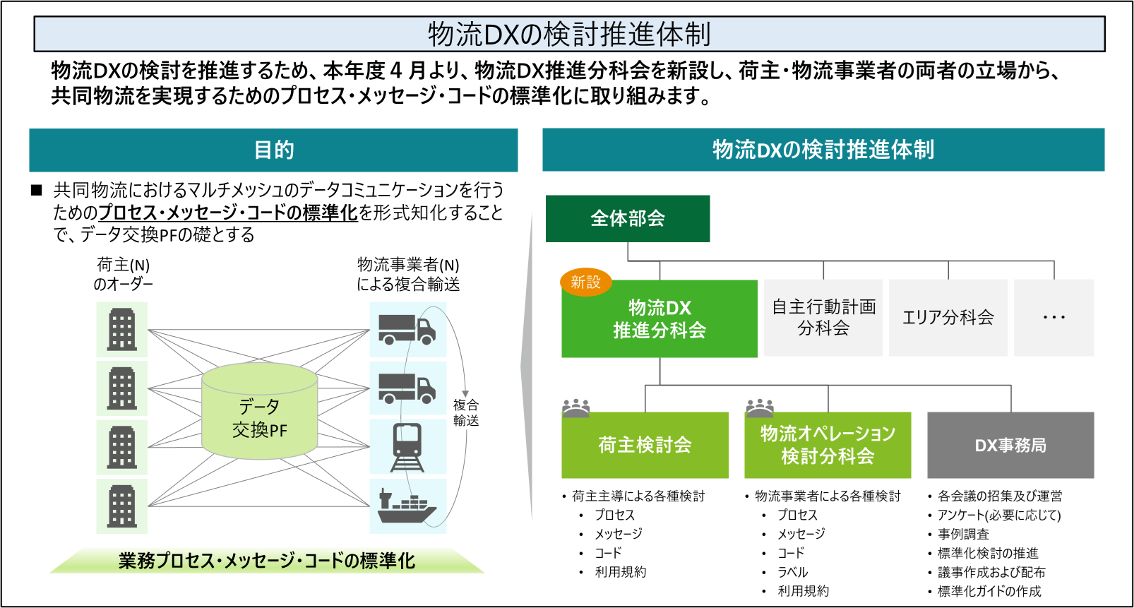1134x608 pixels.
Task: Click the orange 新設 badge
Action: [586, 282]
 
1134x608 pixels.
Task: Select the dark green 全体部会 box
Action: [628, 219]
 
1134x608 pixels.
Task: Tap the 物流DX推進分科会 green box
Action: [659, 319]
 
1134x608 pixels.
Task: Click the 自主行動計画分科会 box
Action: [823, 317]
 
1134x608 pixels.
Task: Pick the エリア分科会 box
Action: [948, 317]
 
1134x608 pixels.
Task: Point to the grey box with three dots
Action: [1054, 317]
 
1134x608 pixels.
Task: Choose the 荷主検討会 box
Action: [645, 445]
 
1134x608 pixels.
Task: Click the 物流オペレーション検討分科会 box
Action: [828, 445]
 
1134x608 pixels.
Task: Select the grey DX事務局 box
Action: [1010, 445]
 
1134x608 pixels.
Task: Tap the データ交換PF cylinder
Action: [260, 411]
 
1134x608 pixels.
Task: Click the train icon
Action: [407, 447]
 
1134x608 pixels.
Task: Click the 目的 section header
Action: [273, 150]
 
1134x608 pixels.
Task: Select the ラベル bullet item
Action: [793, 572]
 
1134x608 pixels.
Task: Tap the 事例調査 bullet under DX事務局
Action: [963, 534]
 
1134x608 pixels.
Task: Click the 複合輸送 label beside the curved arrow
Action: [466, 412]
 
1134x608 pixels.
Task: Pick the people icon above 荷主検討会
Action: [576, 408]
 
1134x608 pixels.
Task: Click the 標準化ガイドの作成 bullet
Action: [989, 591]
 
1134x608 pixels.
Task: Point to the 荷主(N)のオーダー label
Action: [123, 274]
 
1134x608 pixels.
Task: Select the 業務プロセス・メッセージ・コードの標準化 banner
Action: [267, 561]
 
